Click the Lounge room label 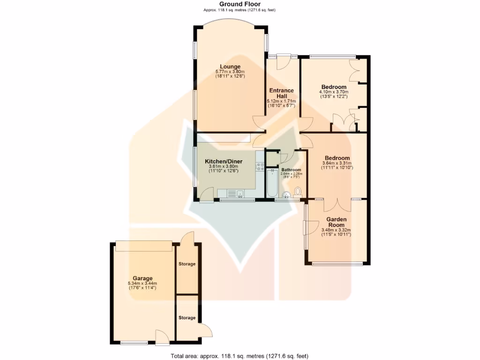click(x=230, y=67)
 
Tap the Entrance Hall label click(x=281, y=93)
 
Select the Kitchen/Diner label click(x=223, y=161)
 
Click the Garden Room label click(x=336, y=222)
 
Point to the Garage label click(x=142, y=278)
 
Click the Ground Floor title click(x=240, y=4)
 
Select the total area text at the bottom click(x=240, y=356)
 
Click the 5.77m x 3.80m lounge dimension click(x=230, y=72)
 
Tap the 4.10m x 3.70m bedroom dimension click(x=334, y=92)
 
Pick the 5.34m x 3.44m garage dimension click(x=142, y=283)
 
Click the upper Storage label click(x=187, y=264)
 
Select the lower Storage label click(x=187, y=318)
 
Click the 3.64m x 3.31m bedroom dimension click(x=337, y=163)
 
